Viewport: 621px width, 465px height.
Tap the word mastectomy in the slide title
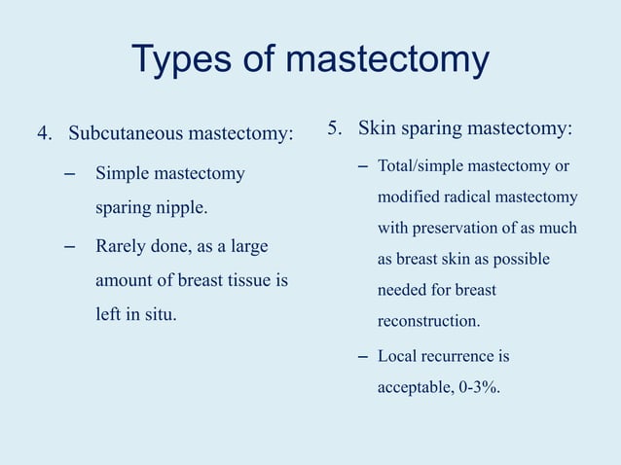[386, 60]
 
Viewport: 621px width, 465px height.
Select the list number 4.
[43, 132]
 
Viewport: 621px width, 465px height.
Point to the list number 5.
[334, 128]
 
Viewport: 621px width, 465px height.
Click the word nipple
[183, 208]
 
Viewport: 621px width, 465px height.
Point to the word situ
[160, 315]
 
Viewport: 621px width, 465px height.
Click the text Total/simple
[421, 167]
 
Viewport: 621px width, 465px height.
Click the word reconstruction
[427, 320]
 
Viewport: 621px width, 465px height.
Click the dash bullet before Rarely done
[68, 245]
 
